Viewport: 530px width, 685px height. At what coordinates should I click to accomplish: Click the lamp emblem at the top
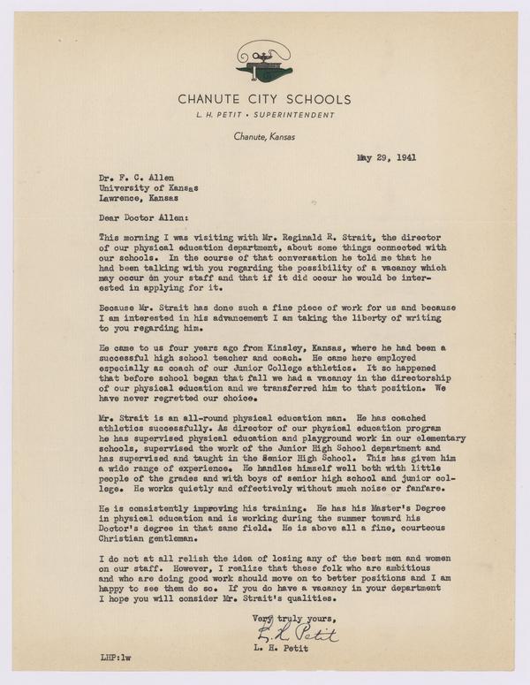coord(265,63)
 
